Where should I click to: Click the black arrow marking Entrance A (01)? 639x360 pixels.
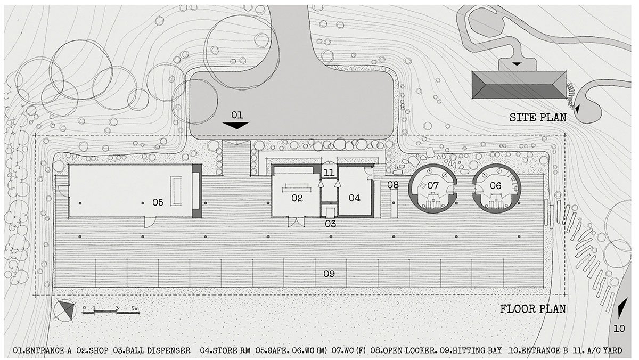(x=236, y=125)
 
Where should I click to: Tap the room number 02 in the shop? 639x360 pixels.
(x=297, y=199)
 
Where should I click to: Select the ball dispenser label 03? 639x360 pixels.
(x=331, y=224)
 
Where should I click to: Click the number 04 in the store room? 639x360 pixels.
(x=354, y=198)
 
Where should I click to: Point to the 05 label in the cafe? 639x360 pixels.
(x=158, y=202)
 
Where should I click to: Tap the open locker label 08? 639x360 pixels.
(x=393, y=185)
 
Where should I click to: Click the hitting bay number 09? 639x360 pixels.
(x=329, y=274)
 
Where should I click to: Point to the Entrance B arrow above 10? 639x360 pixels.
(x=620, y=308)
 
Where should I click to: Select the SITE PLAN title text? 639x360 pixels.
(x=538, y=118)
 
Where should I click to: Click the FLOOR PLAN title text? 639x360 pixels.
(x=532, y=309)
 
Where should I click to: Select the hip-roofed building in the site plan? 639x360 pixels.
(x=517, y=86)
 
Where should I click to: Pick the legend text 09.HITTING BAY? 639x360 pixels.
(x=471, y=350)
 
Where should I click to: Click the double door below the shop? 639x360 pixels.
(x=295, y=222)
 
